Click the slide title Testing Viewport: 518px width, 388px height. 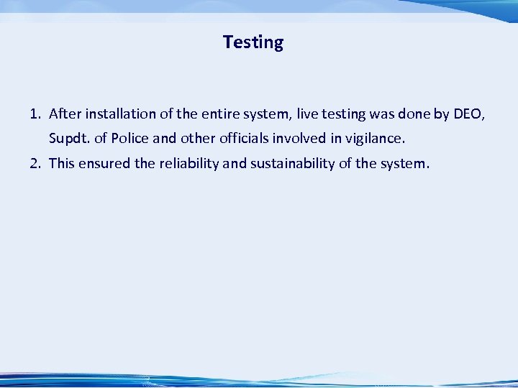pyautogui.click(x=253, y=42)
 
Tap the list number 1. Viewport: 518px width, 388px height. pyautogui.click(x=34, y=114)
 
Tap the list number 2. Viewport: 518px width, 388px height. pyautogui.click(x=34, y=163)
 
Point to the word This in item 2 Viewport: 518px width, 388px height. pyautogui.click(x=62, y=163)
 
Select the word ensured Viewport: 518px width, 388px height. pyautogui.click(x=104, y=163)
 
